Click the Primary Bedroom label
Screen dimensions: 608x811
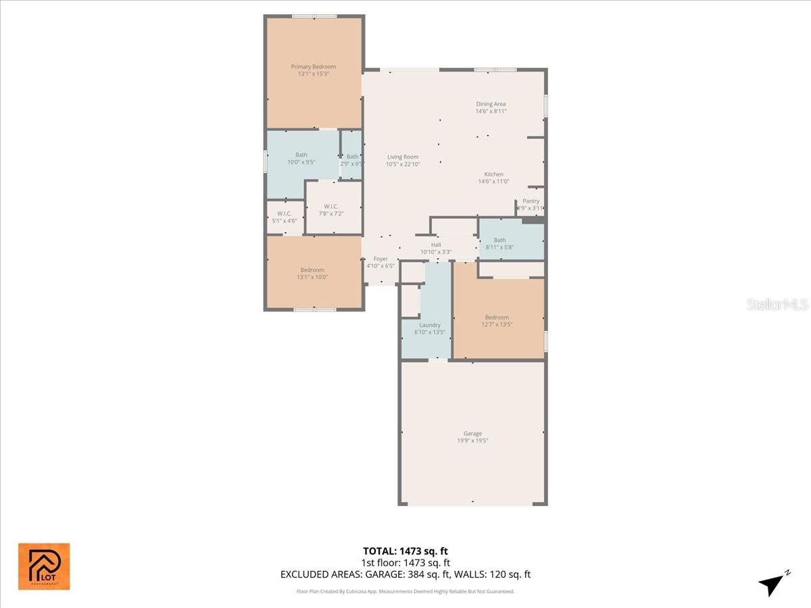(313, 67)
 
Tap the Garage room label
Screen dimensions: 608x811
(472, 434)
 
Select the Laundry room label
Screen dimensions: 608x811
(430, 325)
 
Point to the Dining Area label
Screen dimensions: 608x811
(491, 104)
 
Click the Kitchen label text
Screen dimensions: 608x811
(493, 174)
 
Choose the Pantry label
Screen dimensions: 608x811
(531, 201)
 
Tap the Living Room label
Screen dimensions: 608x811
(403, 157)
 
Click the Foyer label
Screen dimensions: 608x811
(380, 259)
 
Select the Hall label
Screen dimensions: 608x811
(436, 245)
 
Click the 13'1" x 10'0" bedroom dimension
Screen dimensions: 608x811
(313, 277)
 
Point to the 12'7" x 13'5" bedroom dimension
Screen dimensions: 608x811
(497, 324)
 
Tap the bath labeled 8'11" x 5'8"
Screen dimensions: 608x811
(499, 243)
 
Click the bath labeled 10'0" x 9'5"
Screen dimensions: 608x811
(301, 158)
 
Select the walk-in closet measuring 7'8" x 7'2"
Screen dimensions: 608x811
(331, 210)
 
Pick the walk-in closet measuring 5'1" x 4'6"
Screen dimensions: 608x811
(284, 217)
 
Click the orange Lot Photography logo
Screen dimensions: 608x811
(44, 566)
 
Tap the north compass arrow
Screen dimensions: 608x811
(772, 583)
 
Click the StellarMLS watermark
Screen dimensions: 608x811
(777, 305)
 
